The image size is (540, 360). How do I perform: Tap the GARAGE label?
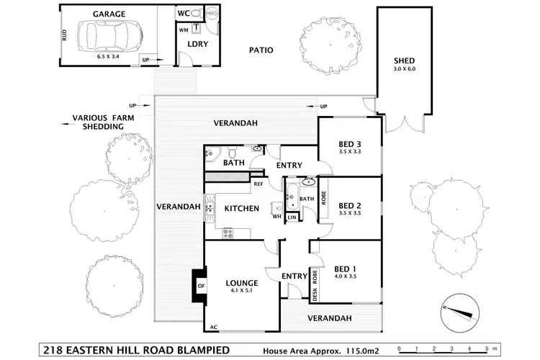pos(109,14)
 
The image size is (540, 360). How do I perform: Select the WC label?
pos(183,14)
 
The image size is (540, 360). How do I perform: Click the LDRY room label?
pos(197,45)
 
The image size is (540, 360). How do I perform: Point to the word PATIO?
pos(260,51)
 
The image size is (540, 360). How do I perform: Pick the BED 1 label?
pos(345,268)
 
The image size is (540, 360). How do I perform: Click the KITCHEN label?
pos(241,209)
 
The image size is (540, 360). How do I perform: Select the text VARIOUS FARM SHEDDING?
pos(98,122)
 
